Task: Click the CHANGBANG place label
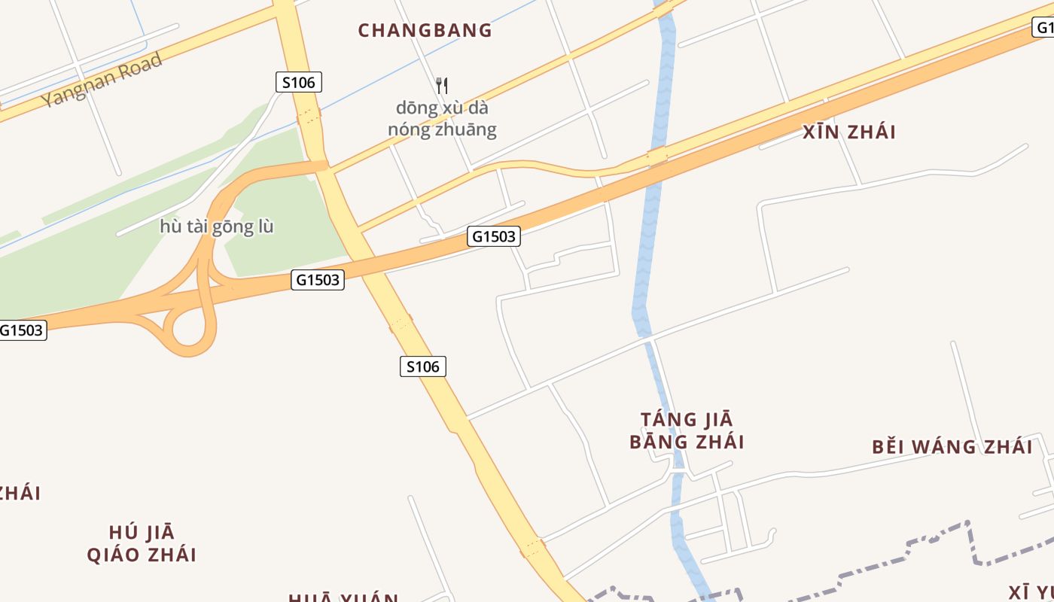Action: click(x=425, y=31)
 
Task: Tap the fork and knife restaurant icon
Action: click(x=442, y=85)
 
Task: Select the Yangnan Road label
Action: click(x=102, y=80)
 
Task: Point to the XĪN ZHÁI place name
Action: click(x=848, y=132)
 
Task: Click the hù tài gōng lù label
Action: click(x=216, y=227)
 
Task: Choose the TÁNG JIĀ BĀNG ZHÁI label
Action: click(x=687, y=430)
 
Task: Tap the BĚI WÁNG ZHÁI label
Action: click(x=952, y=447)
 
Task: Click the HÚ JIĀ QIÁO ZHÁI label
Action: click(x=142, y=544)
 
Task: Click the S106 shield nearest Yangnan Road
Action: click(x=298, y=82)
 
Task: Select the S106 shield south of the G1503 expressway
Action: click(x=422, y=366)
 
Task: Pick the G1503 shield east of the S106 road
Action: click(x=494, y=236)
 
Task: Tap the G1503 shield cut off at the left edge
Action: click(x=22, y=330)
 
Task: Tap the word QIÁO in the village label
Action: click(x=115, y=555)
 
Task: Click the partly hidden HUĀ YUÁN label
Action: click(x=343, y=597)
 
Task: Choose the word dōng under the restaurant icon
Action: click(x=416, y=108)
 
